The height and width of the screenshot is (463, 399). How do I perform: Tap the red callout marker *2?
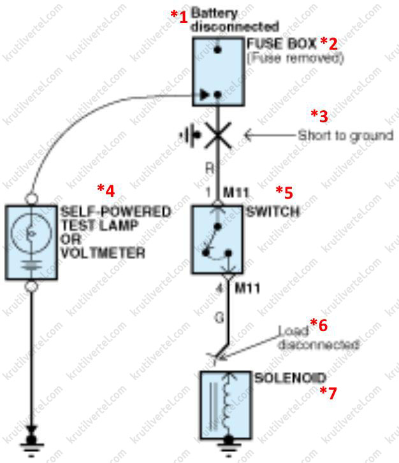coord(328,43)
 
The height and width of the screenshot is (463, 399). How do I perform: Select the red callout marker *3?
coord(319,115)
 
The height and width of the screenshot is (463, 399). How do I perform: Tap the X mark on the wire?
coord(219,135)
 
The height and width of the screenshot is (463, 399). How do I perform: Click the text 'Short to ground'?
coord(345,136)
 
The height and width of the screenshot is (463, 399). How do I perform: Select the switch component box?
coord(219,239)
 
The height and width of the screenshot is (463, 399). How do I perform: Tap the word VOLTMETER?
coord(103,253)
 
